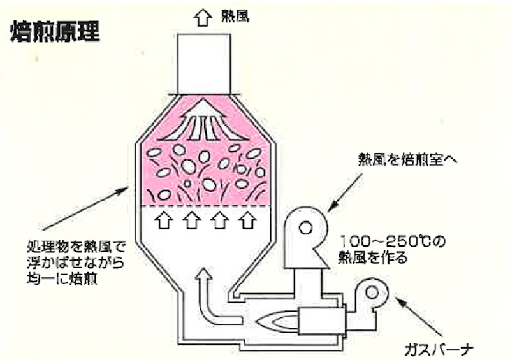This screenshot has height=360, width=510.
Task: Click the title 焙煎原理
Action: tap(55, 32)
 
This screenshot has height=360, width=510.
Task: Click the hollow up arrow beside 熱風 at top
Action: tap(203, 17)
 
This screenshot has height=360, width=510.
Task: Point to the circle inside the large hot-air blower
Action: tap(305, 227)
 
